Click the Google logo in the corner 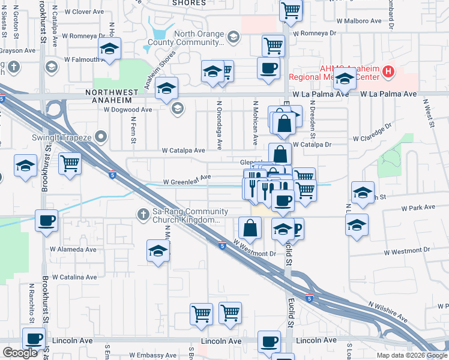20,353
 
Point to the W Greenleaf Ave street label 187,178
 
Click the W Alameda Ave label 73,249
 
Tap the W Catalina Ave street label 74,277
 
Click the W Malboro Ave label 359,20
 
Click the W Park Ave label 418,208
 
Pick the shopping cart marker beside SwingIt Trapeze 71,163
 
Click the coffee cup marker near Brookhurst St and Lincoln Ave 34,338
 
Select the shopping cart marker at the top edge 291,10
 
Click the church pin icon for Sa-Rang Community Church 143,213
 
